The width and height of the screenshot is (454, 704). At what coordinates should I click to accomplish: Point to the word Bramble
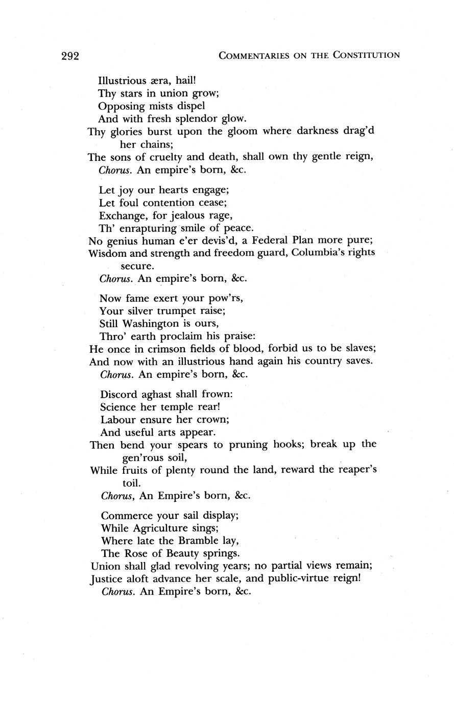193,540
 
